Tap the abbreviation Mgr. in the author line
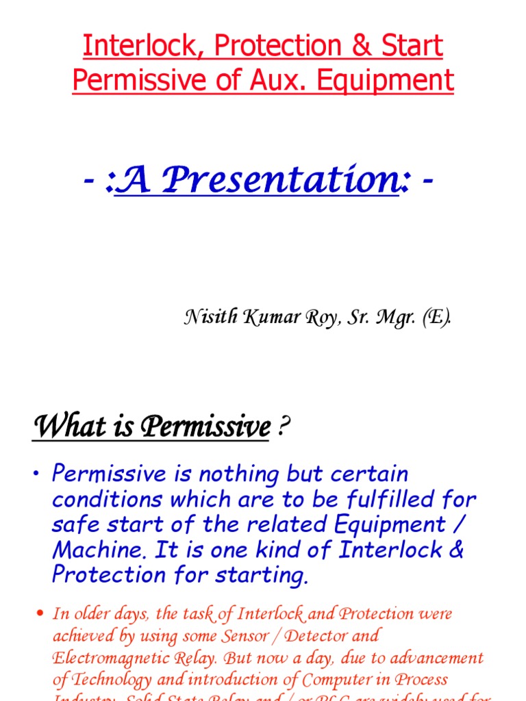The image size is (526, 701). tap(392, 318)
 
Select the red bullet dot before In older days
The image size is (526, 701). tap(38, 613)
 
